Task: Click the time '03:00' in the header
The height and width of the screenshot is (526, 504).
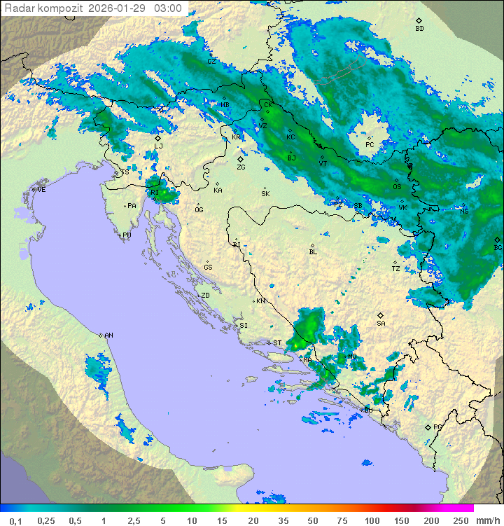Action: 167,8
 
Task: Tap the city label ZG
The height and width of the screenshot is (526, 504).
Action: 241,167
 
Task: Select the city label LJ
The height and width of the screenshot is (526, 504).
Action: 159,146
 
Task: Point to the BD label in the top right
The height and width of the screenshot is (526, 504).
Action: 419,29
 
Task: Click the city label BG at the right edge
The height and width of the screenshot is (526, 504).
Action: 498,247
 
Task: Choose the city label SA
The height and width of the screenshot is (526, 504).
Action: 381,323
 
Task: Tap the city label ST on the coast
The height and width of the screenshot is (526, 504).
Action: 277,342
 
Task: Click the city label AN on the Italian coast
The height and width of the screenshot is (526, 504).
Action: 108,335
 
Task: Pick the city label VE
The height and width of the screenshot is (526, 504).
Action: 41,189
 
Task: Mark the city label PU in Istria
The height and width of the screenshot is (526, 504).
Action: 127,235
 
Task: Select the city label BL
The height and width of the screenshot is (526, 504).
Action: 313,251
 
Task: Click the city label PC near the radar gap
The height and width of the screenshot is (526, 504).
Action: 370,144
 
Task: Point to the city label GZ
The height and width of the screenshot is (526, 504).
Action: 211,61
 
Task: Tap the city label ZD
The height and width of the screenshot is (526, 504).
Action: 205,296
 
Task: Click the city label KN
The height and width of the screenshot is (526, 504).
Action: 260,300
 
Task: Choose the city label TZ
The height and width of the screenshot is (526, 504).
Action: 395,268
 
